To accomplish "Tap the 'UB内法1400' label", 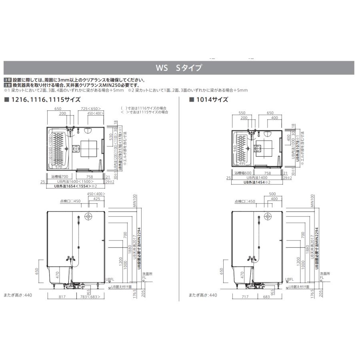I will click(x=256, y=177).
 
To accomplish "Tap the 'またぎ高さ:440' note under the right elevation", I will click(x=203, y=295).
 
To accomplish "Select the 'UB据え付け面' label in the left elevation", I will click(x=119, y=287).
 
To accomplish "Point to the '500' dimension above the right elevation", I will click(x=273, y=194).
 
